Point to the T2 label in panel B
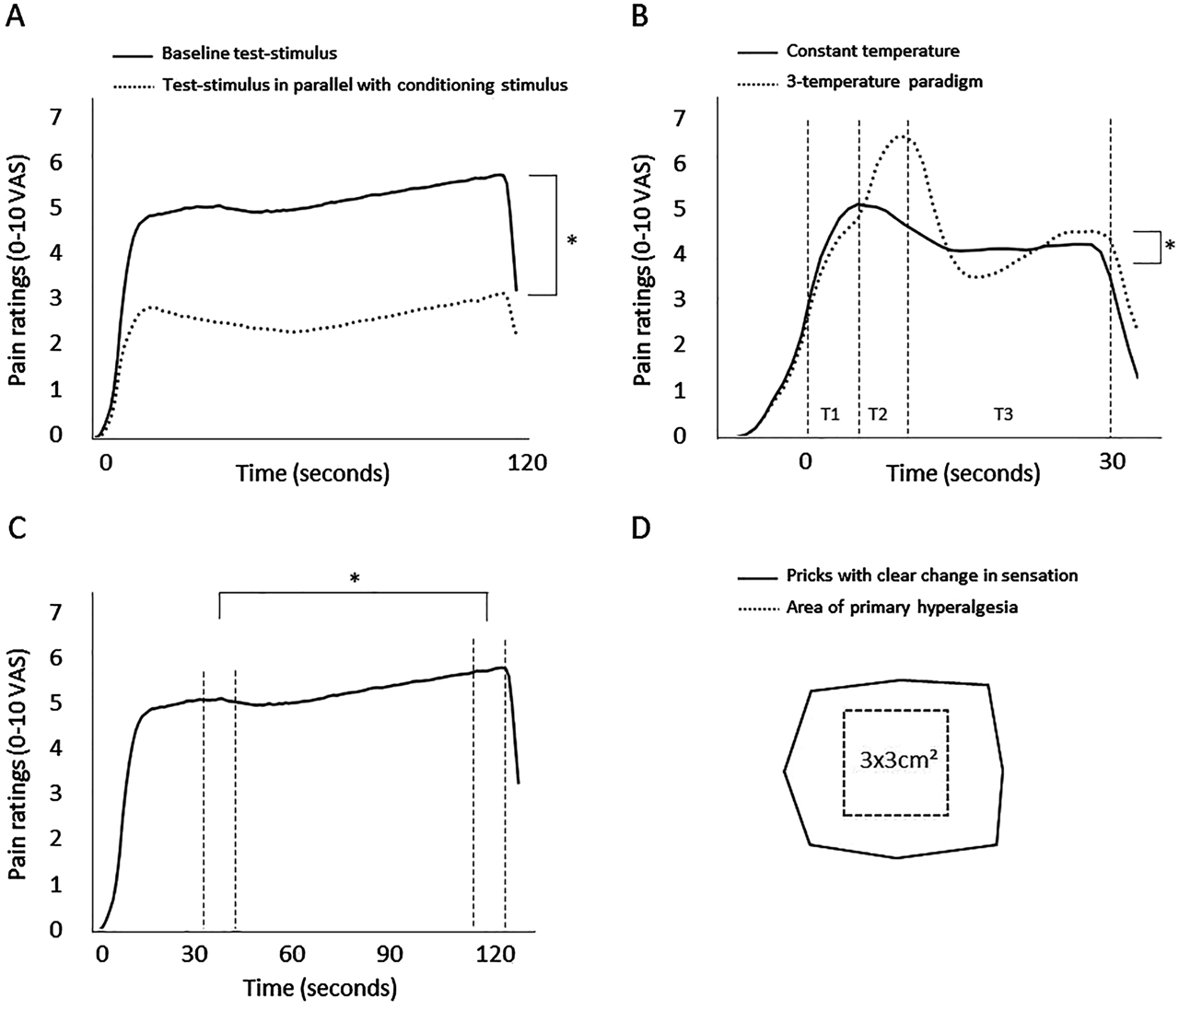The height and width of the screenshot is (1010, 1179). pyautogui.click(x=878, y=414)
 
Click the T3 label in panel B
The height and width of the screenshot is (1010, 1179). pyautogui.click(x=1003, y=414)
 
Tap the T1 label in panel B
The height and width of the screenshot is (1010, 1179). pyautogui.click(x=830, y=414)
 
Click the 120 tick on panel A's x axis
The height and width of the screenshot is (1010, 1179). pyautogui.click(x=528, y=462)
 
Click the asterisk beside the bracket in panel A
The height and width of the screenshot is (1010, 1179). pyautogui.click(x=571, y=241)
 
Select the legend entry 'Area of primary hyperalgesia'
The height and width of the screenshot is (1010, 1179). pyautogui.click(x=901, y=608)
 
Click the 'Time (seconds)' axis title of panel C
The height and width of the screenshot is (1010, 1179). pyautogui.click(x=320, y=988)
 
